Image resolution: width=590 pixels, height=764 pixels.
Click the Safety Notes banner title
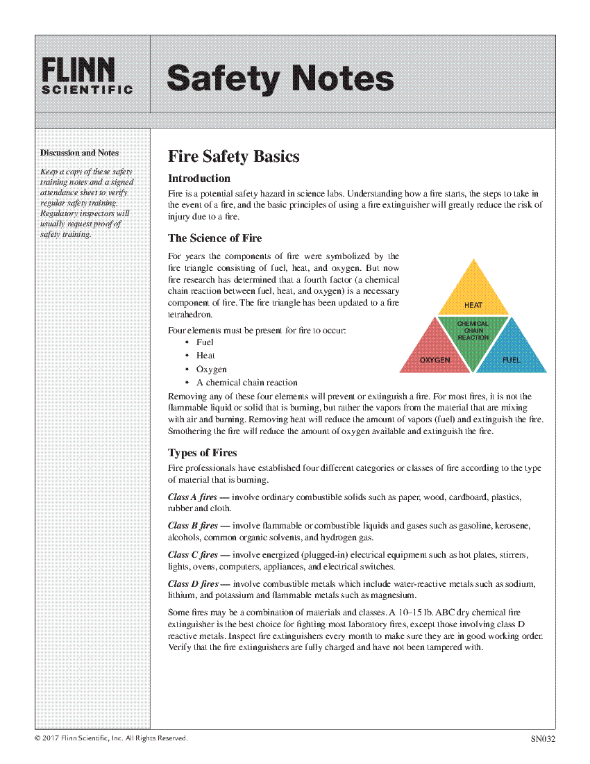coord(280,78)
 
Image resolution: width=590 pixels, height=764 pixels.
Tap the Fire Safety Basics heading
coord(234,156)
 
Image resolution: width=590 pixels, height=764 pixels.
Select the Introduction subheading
coord(199,178)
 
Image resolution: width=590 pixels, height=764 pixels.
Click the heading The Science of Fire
coord(215,238)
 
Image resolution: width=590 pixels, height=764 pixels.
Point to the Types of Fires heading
coord(203,453)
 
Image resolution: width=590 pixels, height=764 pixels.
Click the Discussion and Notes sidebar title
coord(79,153)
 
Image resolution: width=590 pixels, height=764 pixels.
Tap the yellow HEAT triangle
coord(473,292)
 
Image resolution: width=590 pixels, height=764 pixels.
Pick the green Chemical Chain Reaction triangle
coord(473,337)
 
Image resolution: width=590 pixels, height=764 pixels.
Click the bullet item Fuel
coord(205,342)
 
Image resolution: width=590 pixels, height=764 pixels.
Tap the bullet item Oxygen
coord(211,369)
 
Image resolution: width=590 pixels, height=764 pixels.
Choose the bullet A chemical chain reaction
coord(246,383)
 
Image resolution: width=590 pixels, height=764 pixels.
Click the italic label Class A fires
coord(192,497)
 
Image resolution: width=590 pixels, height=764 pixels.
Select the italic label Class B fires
coord(192,526)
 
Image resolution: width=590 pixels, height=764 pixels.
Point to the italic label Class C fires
coord(192,555)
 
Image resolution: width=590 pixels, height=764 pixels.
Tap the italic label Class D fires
coord(193,584)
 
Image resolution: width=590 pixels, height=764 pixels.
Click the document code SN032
coord(543,739)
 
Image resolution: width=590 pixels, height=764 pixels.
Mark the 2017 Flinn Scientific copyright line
coord(111,738)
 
